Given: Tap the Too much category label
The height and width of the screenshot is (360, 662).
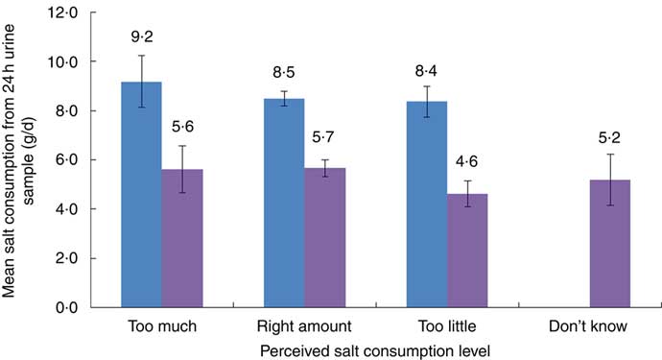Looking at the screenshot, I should pyautogui.click(x=162, y=326).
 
